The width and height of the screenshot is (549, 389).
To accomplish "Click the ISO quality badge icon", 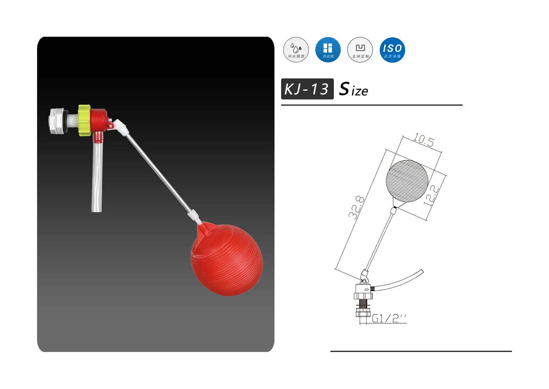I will (392, 50).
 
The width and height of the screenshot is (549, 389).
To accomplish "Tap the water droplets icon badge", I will (296, 50).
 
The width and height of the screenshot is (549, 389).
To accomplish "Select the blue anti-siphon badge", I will (328, 50).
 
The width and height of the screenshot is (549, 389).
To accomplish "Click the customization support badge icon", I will (360, 50).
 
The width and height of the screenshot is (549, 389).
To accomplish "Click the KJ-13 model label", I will (307, 89).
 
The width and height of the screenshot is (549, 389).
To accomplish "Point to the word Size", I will (354, 89).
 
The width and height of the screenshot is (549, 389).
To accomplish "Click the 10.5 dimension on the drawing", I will (424, 140).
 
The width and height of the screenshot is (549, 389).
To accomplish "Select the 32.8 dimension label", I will (356, 207).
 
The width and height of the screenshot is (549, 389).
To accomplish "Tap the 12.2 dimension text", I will (431, 195).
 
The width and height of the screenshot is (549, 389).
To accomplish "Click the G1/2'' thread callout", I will (389, 319).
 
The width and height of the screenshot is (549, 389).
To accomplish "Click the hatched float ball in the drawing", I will (407, 181).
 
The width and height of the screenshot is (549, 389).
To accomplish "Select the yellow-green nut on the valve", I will (84, 120).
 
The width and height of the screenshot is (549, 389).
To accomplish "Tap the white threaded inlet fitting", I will (58, 121).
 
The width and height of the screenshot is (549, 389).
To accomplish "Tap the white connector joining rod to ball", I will (194, 216).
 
